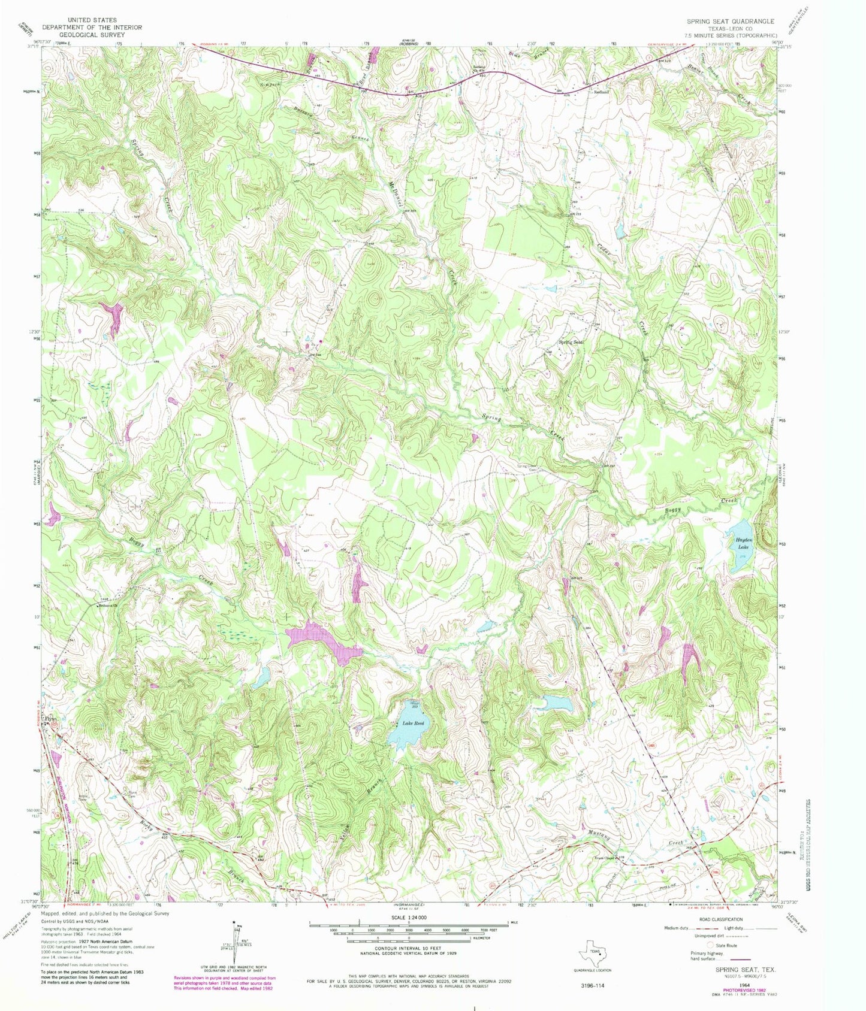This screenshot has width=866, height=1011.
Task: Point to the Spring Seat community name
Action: pos(571,342)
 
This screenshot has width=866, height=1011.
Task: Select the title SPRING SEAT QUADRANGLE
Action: pos(730,21)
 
